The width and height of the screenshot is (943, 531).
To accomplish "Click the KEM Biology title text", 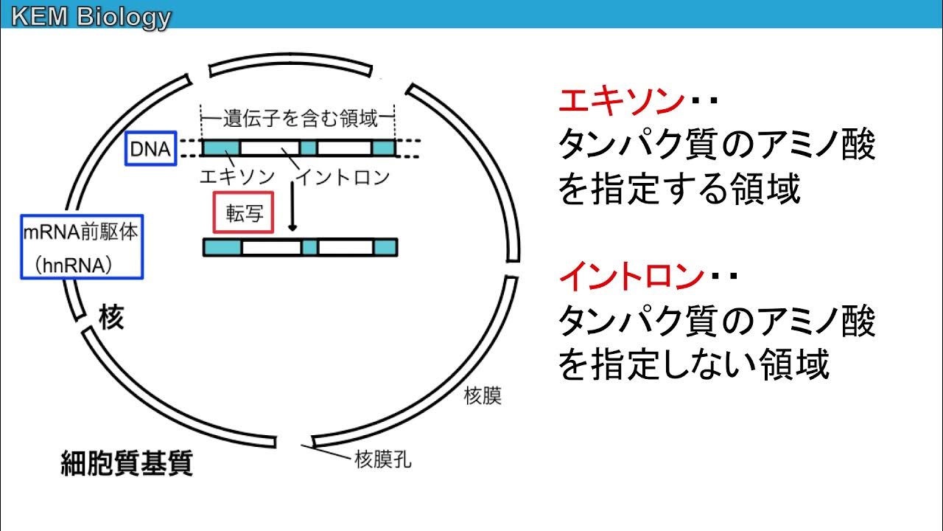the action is [x=90, y=16].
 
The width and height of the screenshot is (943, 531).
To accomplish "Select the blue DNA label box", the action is [x=150, y=150].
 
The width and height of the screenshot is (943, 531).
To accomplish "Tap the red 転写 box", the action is [x=243, y=214].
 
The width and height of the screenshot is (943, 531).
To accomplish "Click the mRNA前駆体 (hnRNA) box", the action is [x=81, y=246].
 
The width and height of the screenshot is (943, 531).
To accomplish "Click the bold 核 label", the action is [x=110, y=318].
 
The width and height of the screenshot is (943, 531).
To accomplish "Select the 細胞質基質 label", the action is [x=126, y=464].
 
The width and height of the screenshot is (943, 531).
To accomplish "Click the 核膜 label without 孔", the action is [x=483, y=396].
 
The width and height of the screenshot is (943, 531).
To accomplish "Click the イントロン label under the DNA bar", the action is [x=342, y=177].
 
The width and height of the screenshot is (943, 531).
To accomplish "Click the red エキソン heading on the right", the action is [x=620, y=101].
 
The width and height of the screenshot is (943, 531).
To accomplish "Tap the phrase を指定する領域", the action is [x=679, y=191].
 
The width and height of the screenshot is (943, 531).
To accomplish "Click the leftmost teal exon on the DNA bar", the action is [x=220, y=148].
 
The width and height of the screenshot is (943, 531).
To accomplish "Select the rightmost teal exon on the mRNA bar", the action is [x=385, y=247].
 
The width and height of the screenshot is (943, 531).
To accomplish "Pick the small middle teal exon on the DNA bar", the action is [x=308, y=148].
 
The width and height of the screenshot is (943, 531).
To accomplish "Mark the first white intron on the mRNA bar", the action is [x=270, y=247].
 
